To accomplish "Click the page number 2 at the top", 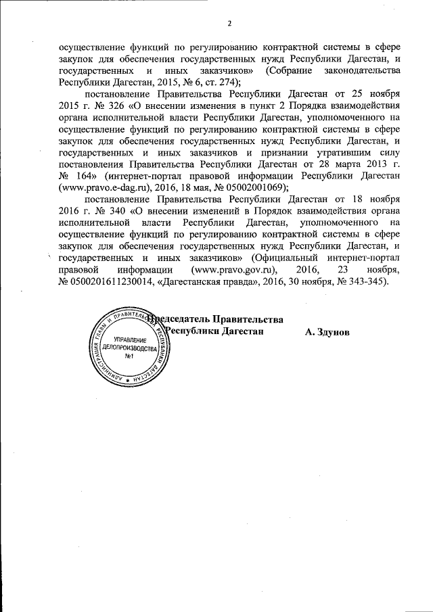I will [229, 25].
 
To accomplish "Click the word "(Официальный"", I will [283, 258].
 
